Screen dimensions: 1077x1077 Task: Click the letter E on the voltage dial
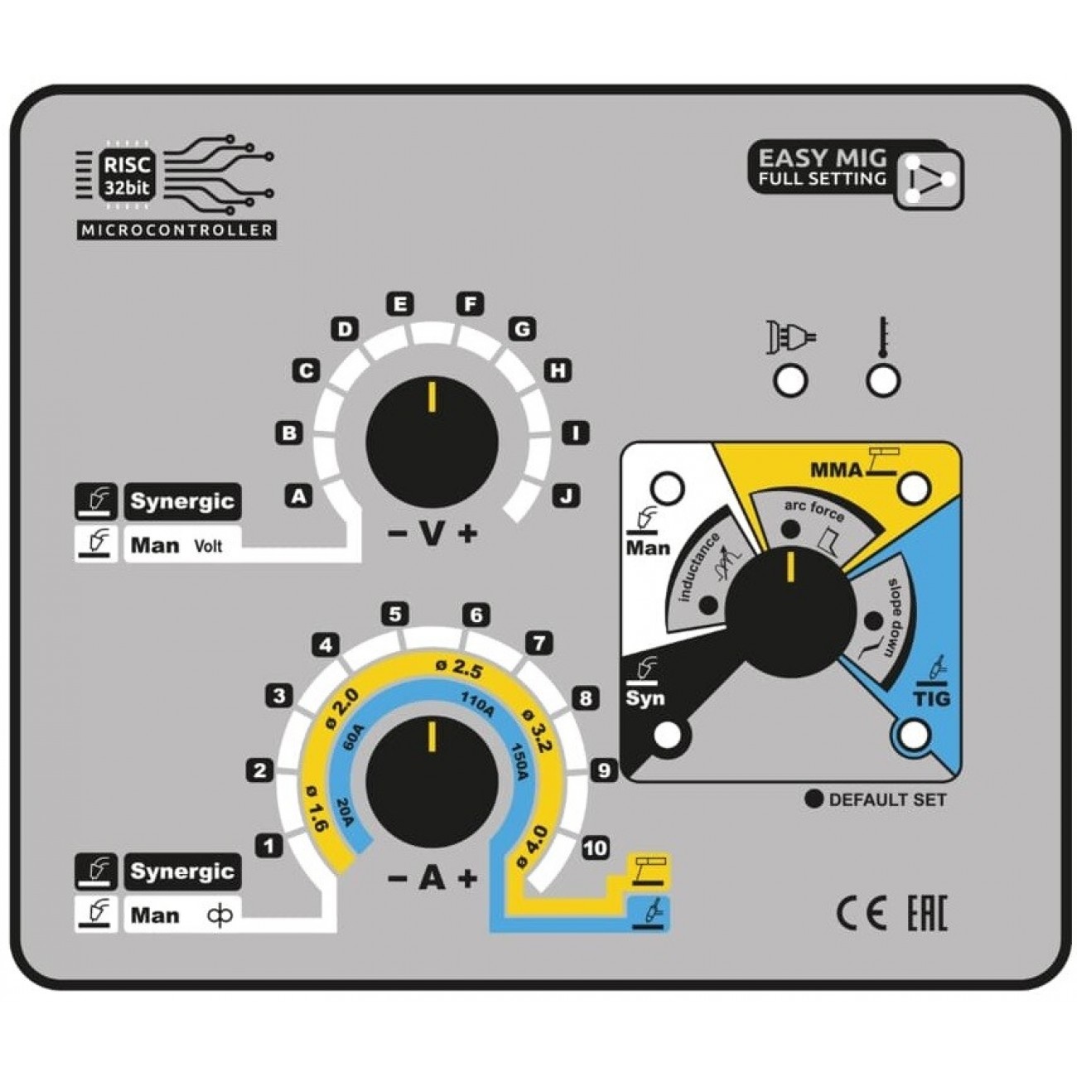[x=400, y=304]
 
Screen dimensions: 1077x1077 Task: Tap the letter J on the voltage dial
[x=567, y=495]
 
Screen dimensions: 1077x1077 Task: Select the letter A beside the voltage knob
[x=298, y=495]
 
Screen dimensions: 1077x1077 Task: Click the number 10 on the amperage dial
[x=595, y=848]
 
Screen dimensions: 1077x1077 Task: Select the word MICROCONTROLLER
[x=176, y=230]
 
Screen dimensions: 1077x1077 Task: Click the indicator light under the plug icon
[x=790, y=380]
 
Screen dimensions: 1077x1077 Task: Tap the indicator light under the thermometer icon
[x=883, y=380]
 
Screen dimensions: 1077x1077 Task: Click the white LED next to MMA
[x=914, y=488]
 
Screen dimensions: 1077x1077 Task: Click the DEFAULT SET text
[x=886, y=799]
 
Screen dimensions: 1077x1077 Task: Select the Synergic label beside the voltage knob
[x=182, y=501]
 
